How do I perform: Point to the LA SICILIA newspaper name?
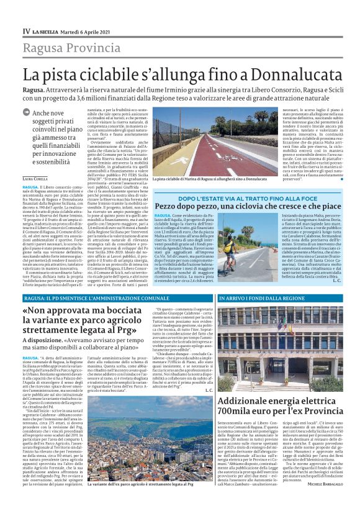click(x=46, y=32)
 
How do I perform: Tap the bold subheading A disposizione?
click(x=43, y=340)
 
